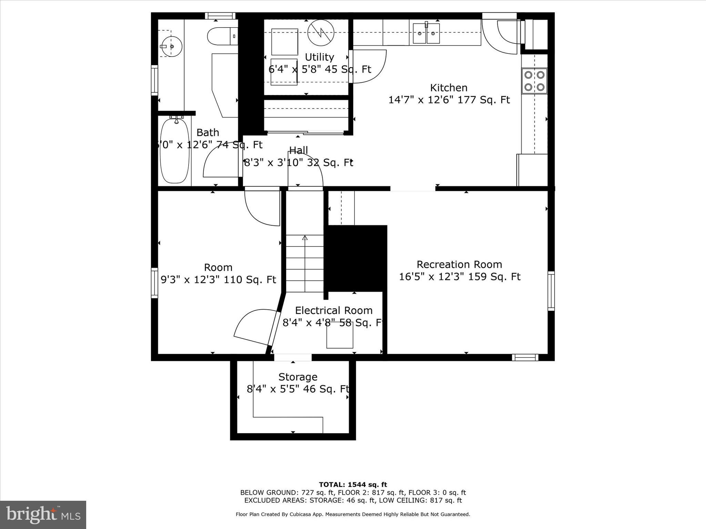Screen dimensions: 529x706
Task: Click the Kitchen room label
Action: pos(448,87)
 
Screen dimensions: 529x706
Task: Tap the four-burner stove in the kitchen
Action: pos(534,81)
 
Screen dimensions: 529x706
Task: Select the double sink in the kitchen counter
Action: pos(426,33)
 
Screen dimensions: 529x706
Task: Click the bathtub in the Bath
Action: pos(175,151)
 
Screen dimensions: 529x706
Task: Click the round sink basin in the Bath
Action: pos(172,46)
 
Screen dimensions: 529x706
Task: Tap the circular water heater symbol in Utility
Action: pos(321,33)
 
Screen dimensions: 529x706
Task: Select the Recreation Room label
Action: pos(459,264)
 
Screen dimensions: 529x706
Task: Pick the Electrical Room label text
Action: pos(334,311)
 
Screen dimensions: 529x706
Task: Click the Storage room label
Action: pos(298,377)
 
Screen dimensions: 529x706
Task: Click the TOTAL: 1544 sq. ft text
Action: pos(353,485)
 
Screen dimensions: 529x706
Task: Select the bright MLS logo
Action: pos(43,515)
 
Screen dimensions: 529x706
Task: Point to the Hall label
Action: pos(299,150)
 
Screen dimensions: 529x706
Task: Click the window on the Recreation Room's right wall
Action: pos(551,291)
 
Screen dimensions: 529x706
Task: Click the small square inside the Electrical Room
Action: pos(340,335)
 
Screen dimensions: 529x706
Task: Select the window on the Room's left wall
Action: pos(155,283)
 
